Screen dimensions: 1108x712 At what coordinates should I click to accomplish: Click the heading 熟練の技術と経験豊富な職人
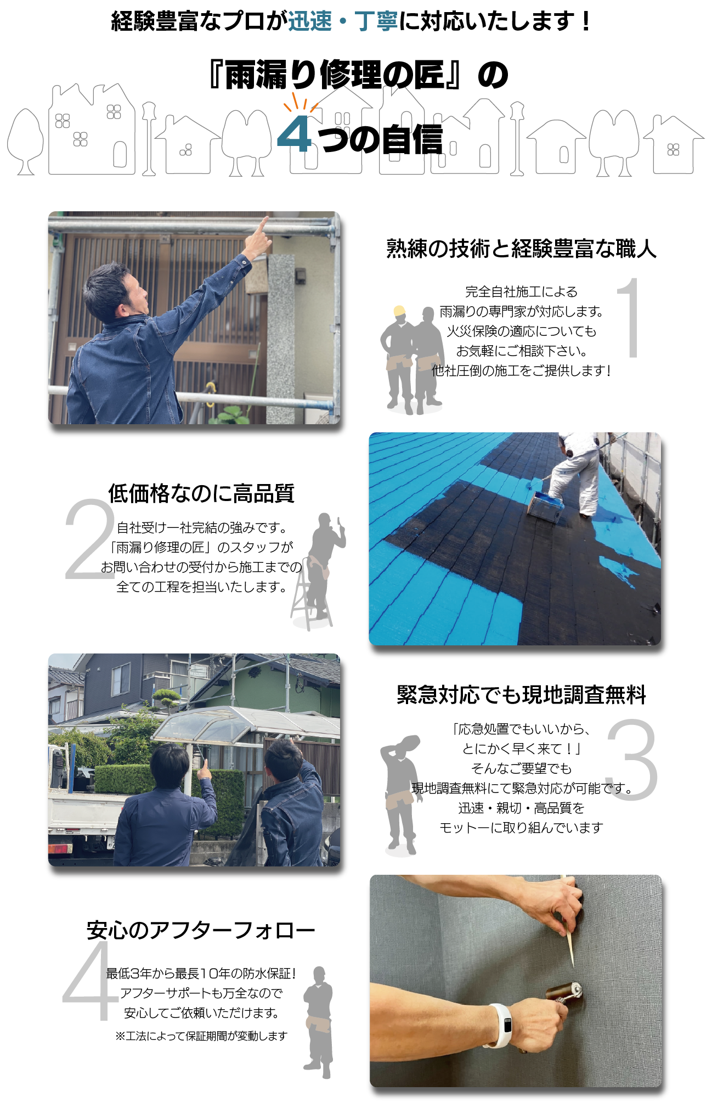tap(521, 249)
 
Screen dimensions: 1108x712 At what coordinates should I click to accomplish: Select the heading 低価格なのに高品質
tap(201, 493)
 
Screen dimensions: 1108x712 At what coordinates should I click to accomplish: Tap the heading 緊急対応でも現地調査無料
tap(521, 695)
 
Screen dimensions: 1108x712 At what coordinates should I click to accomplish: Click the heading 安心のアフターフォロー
tap(201, 930)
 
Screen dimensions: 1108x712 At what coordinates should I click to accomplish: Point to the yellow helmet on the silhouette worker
tap(399, 311)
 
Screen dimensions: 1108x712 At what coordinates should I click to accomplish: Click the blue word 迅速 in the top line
tap(310, 22)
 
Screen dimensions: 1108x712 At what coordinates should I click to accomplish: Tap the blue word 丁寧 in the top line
tap(376, 22)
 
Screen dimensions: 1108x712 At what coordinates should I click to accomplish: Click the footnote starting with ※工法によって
tap(201, 1036)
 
